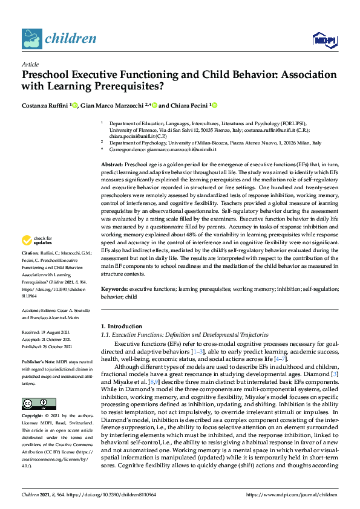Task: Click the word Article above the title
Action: click(x=30, y=64)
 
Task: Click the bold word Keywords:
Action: click(x=114, y=290)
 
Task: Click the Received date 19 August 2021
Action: click(x=54, y=332)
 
